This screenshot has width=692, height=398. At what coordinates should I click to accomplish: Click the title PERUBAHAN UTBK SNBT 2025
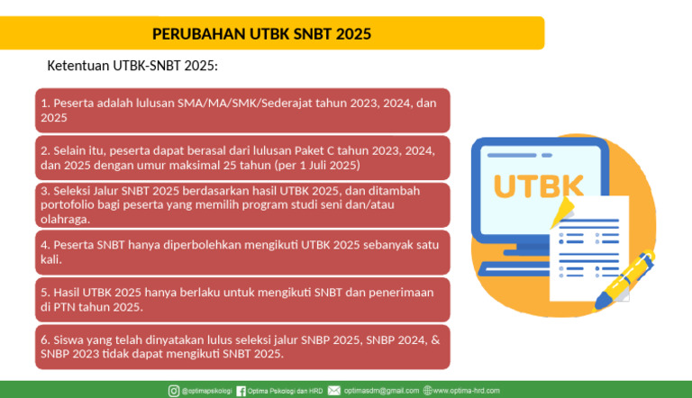(261, 34)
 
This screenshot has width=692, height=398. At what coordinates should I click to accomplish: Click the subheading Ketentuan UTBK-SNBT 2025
(132, 67)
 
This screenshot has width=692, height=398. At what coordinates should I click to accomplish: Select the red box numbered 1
(242, 110)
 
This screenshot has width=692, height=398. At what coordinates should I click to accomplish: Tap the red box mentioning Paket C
(242, 158)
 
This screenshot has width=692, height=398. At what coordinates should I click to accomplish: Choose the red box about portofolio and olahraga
(242, 204)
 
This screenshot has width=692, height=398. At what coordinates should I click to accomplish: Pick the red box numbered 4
(242, 252)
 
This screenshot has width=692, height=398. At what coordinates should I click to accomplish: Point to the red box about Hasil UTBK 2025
(242, 299)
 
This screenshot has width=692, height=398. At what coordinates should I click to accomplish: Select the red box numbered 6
(242, 347)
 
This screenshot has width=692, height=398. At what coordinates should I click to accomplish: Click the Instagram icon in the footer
(174, 391)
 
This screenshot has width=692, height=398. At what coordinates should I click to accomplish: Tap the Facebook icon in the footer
(241, 391)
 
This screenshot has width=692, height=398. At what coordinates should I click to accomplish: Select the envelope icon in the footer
(334, 391)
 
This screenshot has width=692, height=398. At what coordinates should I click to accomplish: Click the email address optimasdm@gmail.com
(382, 391)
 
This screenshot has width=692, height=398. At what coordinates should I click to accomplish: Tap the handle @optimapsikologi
(206, 391)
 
